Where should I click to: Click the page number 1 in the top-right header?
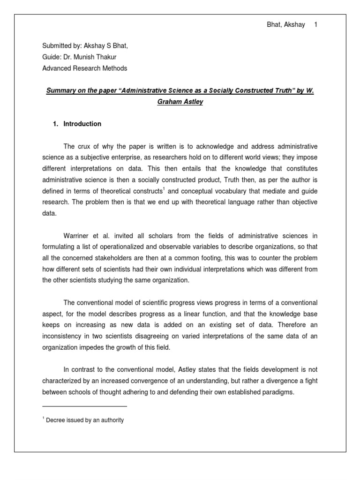[316, 25]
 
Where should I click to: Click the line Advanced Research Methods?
[84, 68]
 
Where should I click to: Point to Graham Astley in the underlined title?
[180, 102]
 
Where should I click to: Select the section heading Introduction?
[82, 124]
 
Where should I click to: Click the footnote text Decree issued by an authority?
[84, 420]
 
